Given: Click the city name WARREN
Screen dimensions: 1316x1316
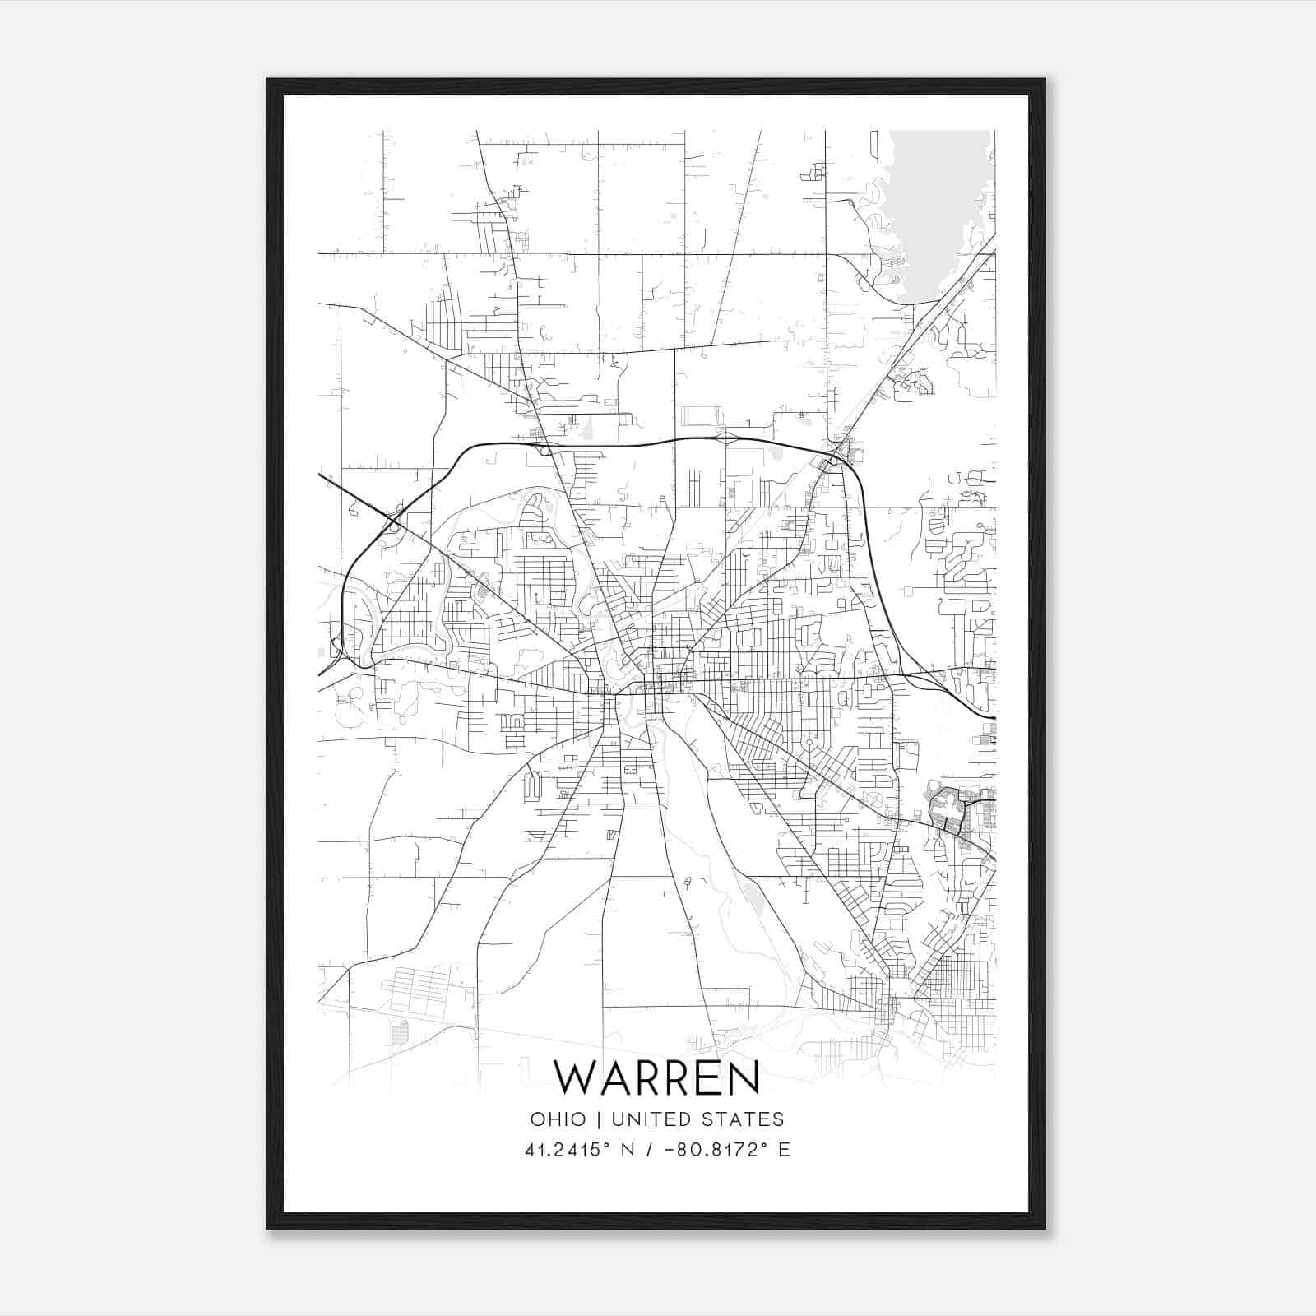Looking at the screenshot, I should [656, 1077].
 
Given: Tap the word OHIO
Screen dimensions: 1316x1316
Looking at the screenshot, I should [558, 1119].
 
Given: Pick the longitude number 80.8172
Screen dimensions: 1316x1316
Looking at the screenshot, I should [711, 1150].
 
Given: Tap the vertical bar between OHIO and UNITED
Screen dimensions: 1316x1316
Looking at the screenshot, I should [598, 1119].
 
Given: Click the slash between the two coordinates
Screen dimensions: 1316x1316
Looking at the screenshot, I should [650, 1150].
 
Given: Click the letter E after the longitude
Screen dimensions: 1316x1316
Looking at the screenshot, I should [784, 1150].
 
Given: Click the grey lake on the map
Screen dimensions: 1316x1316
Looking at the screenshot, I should [938, 206].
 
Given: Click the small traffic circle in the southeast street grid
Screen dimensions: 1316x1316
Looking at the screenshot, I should [809, 742].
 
